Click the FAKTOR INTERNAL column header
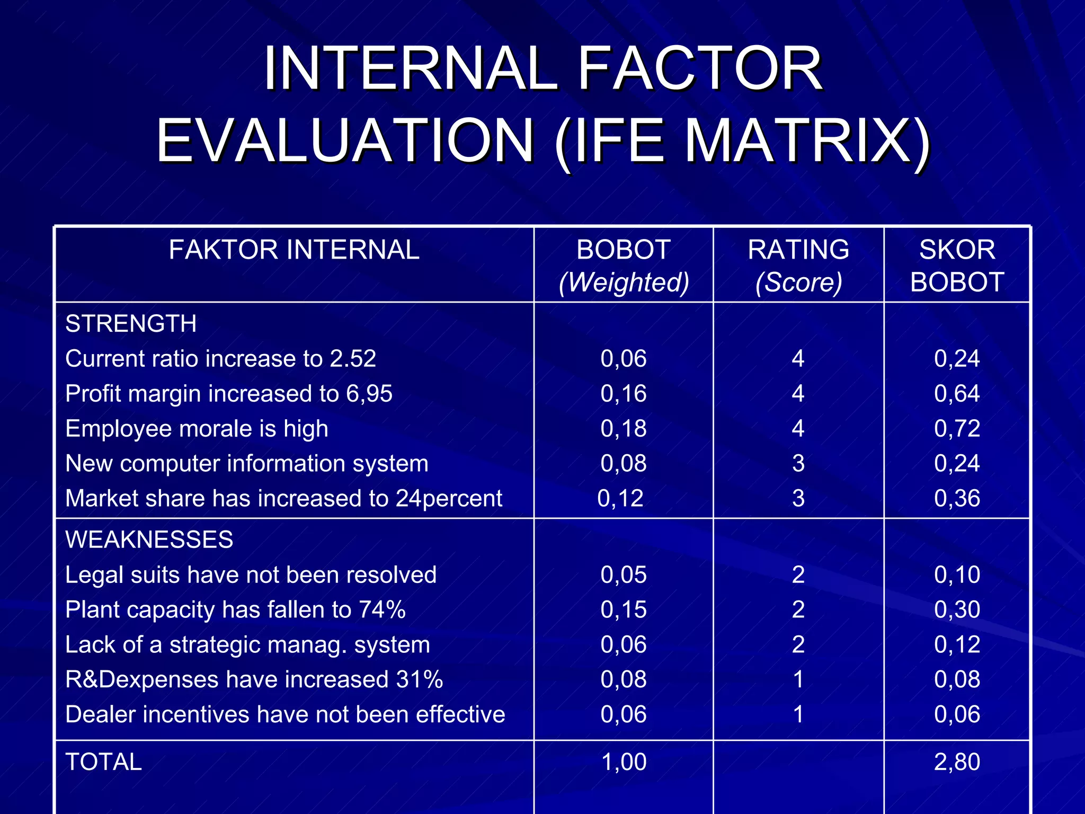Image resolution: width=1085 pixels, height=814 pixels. (294, 250)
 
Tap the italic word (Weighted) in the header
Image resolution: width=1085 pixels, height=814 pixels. (624, 282)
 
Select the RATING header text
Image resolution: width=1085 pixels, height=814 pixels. (798, 250)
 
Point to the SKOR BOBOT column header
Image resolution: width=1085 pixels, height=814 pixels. (957, 266)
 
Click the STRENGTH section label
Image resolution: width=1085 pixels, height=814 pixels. (131, 324)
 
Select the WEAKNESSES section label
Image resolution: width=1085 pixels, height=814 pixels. (149, 540)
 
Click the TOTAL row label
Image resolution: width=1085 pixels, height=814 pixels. (104, 762)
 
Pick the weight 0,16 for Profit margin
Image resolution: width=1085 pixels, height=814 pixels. (624, 394)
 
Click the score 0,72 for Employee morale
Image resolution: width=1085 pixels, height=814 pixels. (957, 429)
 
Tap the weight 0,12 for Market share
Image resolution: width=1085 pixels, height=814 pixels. (620, 499)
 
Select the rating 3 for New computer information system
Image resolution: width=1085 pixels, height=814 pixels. (798, 464)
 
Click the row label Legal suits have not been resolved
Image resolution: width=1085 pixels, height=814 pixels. (251, 575)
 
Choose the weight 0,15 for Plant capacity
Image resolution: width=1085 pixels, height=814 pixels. (624, 610)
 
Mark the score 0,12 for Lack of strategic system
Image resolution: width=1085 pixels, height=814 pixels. (957, 645)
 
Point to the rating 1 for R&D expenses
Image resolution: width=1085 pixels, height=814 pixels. (798, 680)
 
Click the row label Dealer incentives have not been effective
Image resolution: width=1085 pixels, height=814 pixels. (285, 715)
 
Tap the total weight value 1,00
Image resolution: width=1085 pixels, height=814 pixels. (624, 762)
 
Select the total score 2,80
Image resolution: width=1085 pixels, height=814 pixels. (957, 762)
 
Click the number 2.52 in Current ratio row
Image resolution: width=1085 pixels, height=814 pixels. (353, 359)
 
